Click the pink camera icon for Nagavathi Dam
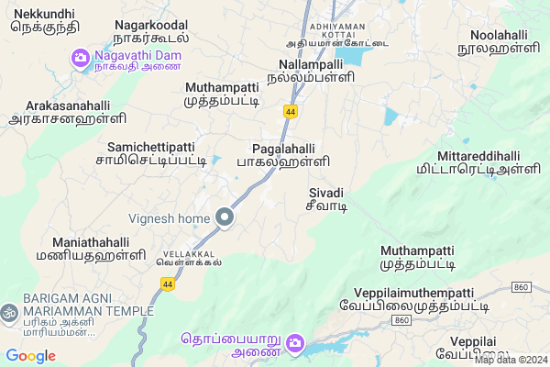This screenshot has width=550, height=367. coord(81,59)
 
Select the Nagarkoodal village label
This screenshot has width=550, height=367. coord(151,31)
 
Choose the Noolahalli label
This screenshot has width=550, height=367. coord(500,41)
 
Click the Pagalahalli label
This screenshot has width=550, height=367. coord(290,153)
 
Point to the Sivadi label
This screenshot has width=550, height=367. coord(325,199)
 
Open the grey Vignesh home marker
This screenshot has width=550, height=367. coord(225,217)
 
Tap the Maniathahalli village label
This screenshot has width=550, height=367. coord(91,249)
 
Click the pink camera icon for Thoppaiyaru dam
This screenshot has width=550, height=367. coord(295,344)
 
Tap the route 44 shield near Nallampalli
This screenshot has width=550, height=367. coord(291,111)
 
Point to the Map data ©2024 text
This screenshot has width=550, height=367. coord(509,360)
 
